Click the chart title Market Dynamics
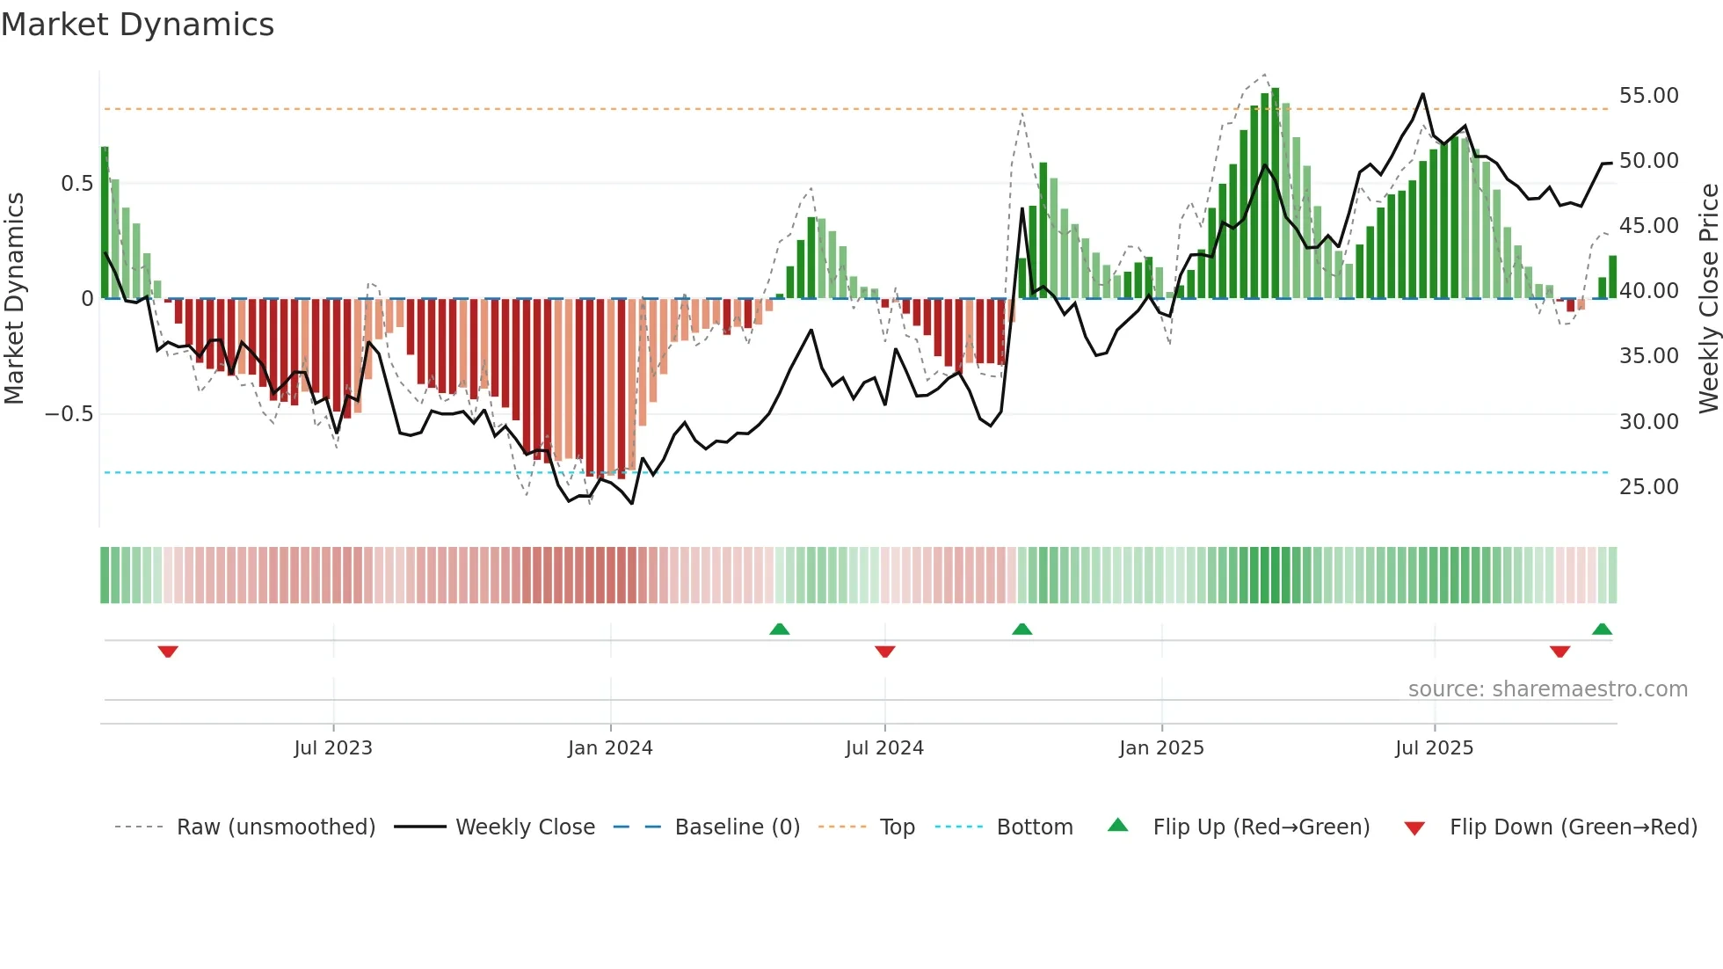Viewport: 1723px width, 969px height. (137, 25)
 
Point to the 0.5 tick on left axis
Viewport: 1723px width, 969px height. (76, 184)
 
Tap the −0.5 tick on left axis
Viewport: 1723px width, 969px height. (69, 414)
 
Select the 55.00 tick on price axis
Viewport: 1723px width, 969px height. (1648, 96)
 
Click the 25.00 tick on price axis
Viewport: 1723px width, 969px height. (1648, 487)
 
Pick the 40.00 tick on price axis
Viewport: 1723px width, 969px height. (1648, 291)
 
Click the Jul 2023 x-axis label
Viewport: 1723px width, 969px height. (333, 748)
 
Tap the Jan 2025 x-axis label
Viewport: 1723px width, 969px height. (1161, 748)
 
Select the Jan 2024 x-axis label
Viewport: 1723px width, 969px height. (610, 748)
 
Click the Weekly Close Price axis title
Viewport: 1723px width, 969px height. (1708, 299)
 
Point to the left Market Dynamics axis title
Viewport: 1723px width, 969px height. (14, 299)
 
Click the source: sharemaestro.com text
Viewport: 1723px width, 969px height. (1547, 689)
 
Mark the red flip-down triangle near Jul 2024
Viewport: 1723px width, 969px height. (885, 652)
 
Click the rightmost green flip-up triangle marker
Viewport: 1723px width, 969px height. (1602, 629)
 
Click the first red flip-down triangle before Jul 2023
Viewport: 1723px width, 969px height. (168, 652)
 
